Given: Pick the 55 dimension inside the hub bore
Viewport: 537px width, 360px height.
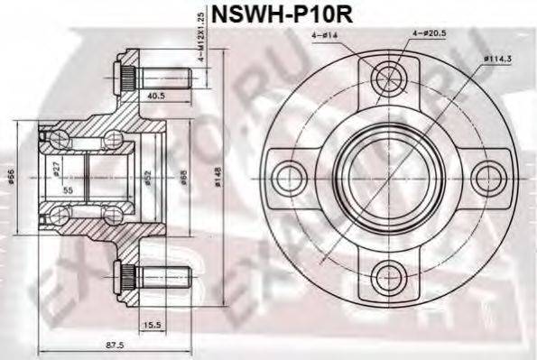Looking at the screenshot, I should pyautogui.click(x=68, y=192).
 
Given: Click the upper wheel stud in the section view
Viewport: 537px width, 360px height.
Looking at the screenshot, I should pyautogui.click(x=153, y=78).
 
